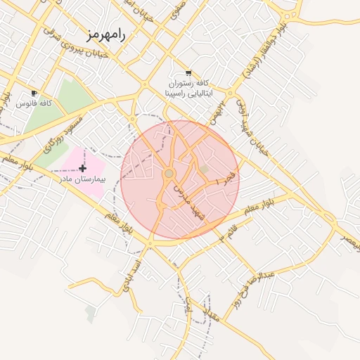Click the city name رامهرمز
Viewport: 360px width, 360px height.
coord(107,34)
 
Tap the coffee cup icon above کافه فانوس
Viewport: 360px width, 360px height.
coord(34,94)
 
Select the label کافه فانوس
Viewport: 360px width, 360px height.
coord(36,103)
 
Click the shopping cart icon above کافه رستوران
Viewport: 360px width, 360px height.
coord(188,73)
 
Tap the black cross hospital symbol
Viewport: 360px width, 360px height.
coord(83,168)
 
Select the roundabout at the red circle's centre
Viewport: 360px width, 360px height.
coord(169,173)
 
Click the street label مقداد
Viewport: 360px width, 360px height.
coord(214,316)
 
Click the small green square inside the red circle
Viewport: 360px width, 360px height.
coord(204,169)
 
